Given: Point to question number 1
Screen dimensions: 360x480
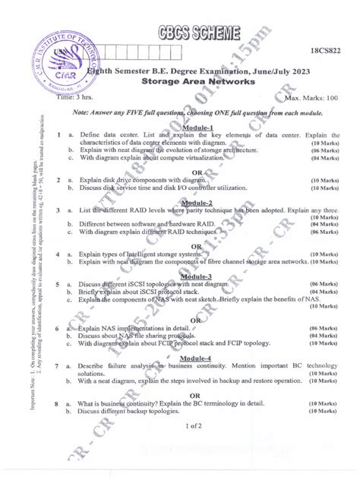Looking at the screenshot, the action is (58, 134).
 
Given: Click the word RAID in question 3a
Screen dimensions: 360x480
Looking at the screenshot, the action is (140, 210).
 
